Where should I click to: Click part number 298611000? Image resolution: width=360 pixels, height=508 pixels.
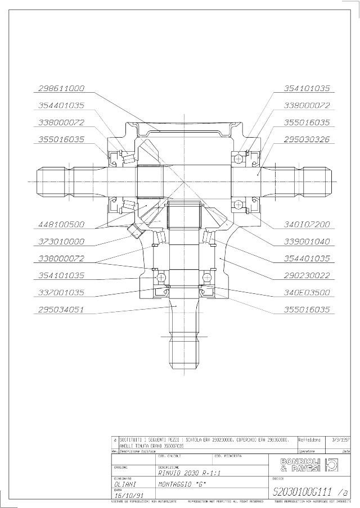61,88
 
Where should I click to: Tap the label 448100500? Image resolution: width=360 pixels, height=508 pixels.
61,224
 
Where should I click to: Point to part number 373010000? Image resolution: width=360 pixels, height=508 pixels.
61,241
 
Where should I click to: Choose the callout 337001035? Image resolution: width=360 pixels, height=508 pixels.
61,293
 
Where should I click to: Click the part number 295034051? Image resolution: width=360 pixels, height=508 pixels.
61,310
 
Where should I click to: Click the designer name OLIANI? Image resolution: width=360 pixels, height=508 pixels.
125,482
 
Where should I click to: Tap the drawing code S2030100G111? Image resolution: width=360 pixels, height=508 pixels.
304,492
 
